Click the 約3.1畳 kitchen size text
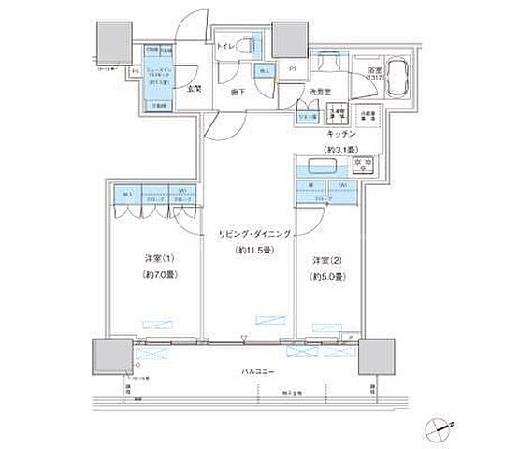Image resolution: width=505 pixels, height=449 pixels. click(x=336, y=150)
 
